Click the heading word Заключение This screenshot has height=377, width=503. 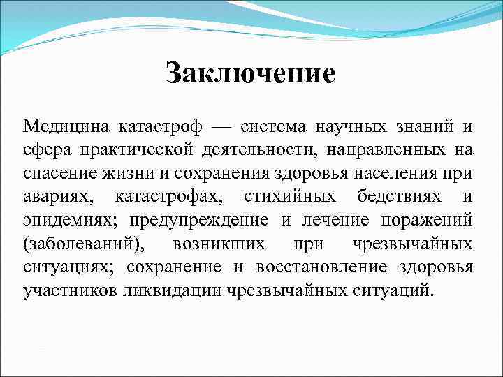(251, 73)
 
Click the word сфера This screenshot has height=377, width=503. (45, 150)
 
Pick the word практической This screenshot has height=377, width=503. (127, 150)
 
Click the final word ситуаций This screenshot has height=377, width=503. (393, 290)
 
